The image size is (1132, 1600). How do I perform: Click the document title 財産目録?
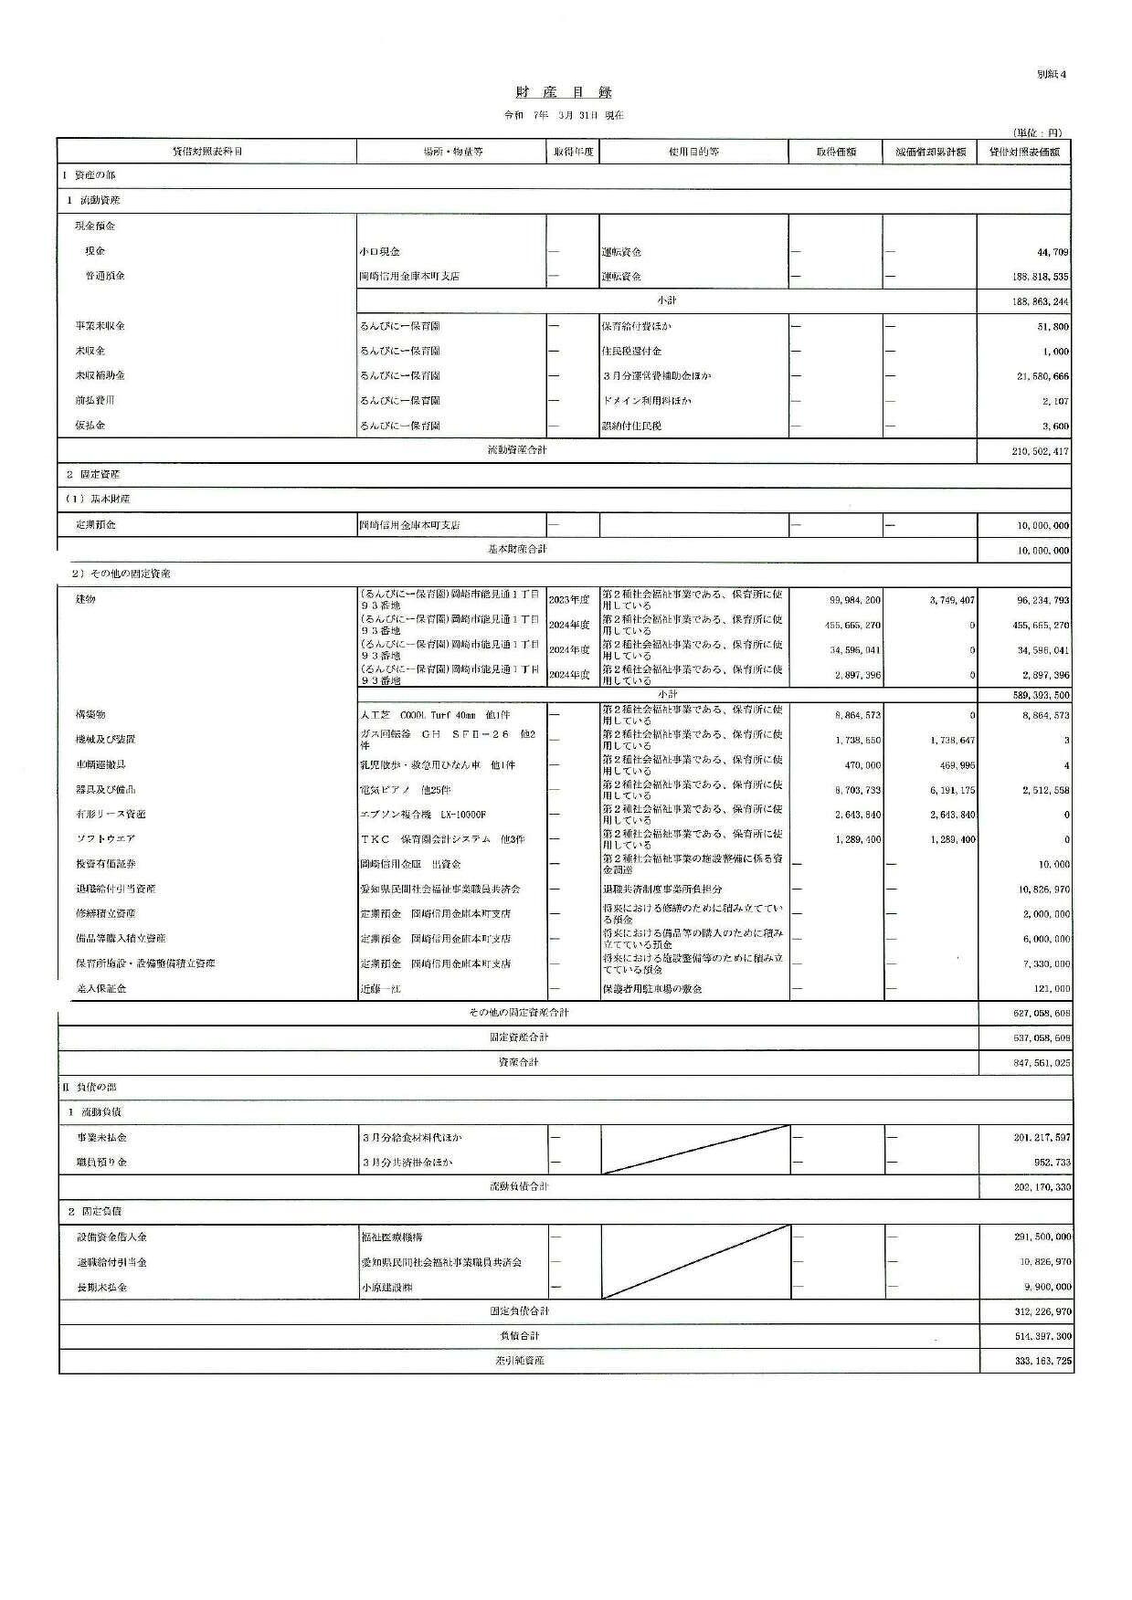tap(564, 92)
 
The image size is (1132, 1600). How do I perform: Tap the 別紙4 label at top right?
tap(1052, 74)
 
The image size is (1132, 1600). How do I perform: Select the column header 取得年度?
tap(573, 152)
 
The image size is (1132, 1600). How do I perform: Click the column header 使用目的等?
tap(693, 152)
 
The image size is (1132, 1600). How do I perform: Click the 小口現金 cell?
tap(380, 251)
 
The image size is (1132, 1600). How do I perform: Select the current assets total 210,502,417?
tap(1040, 451)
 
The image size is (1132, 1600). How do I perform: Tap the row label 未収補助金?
tap(101, 375)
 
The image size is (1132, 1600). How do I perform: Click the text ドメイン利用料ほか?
tap(646, 401)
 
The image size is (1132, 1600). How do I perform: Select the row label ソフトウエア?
tap(104, 838)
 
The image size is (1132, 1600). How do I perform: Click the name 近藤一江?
tap(381, 989)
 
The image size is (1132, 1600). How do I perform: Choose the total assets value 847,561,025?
tap(1040, 1064)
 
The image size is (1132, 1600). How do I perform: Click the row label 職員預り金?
tap(101, 1163)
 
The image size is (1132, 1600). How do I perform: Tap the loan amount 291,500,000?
tap(1040, 1237)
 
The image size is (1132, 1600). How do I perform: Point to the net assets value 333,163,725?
tap(1040, 1362)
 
